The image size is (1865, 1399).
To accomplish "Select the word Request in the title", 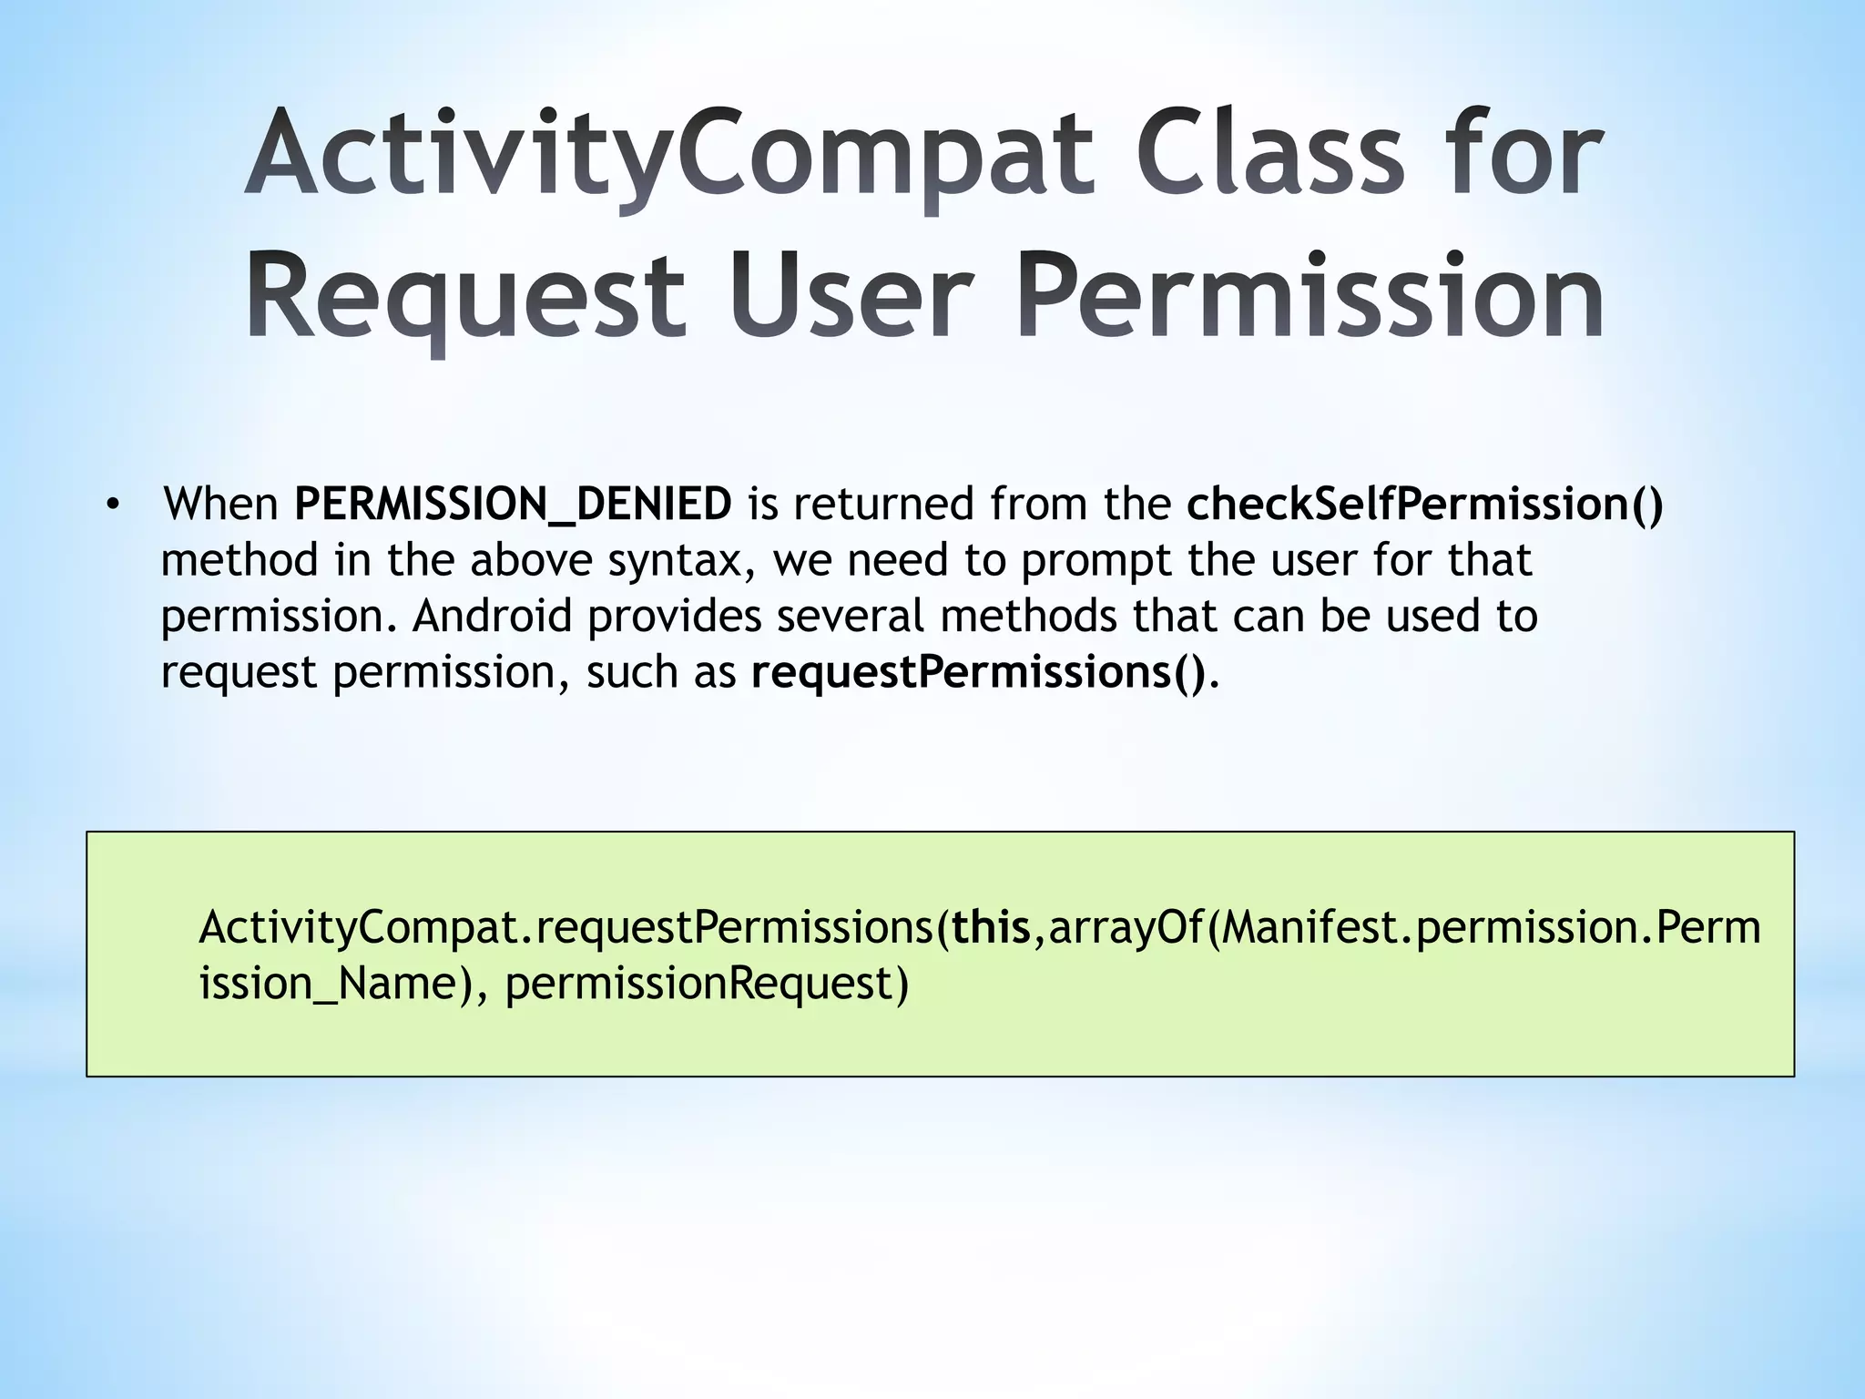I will coord(465,297).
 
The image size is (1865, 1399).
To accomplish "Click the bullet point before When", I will coord(112,505).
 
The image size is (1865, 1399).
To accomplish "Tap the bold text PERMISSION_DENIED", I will coord(513,505).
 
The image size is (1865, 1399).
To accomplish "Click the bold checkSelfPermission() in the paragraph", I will coord(1424,505).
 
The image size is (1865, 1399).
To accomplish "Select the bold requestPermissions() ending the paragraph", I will coord(977,673).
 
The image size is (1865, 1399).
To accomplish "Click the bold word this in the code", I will coord(991,928).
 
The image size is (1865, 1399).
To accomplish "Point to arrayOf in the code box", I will coord(1126,928).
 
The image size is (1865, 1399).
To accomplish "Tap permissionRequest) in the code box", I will coord(707,985).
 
